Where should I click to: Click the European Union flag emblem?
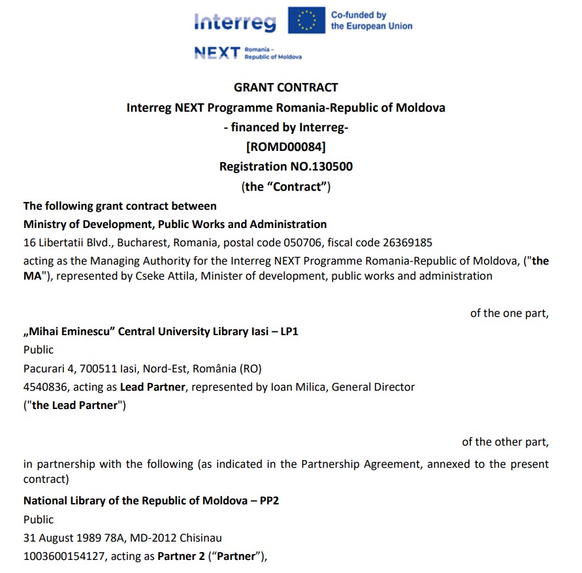(306, 20)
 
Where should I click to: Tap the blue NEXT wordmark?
(216, 53)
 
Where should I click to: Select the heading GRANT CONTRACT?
(286, 88)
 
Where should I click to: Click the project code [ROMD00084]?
(286, 146)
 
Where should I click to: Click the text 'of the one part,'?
(509, 313)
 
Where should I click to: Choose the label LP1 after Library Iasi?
(289, 331)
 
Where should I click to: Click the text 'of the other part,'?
(506, 442)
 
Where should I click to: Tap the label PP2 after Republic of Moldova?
(270, 501)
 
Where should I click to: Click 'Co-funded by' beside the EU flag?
(359, 15)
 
